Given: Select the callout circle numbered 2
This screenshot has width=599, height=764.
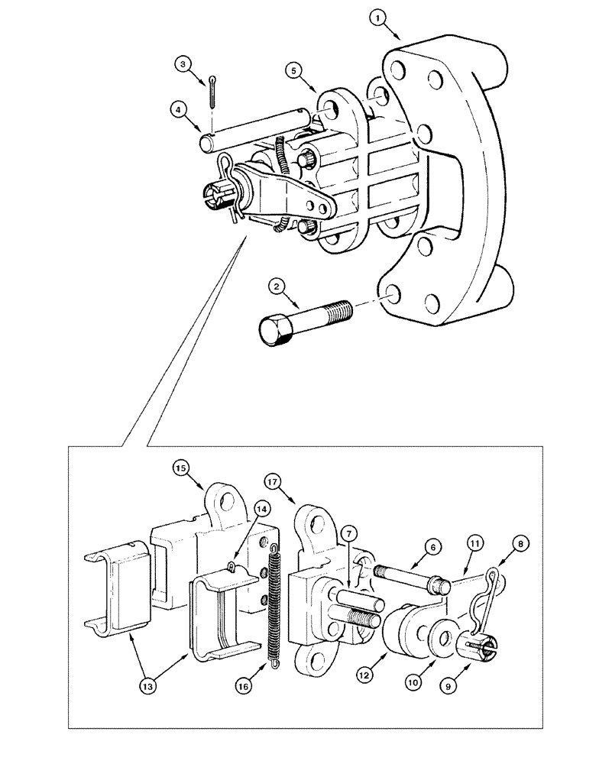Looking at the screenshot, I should (x=276, y=287).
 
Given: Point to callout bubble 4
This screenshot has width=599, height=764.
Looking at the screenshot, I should (x=177, y=108).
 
